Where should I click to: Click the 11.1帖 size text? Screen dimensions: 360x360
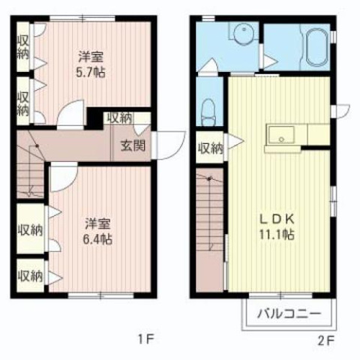tap(277, 235)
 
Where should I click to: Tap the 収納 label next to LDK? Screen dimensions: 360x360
tap(211, 148)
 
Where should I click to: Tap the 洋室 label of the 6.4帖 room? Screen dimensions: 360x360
tap(97, 223)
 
